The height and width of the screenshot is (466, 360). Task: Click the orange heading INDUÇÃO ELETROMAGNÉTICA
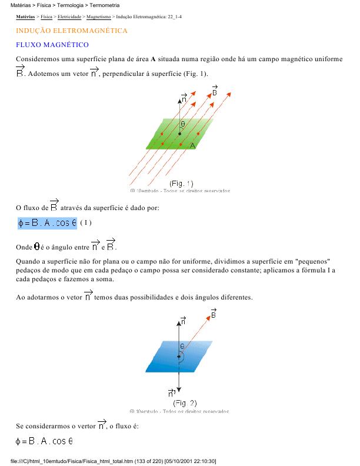[72, 30]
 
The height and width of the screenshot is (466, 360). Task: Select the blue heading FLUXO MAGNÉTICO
[52, 45]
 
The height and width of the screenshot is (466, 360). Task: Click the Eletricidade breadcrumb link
[69, 18]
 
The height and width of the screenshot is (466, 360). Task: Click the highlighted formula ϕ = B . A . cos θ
[47, 223]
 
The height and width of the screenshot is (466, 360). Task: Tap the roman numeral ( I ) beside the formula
[86, 223]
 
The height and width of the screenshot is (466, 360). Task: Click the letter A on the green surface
[192, 145]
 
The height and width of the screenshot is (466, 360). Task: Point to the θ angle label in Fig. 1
[183, 124]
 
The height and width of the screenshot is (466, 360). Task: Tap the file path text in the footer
[112, 461]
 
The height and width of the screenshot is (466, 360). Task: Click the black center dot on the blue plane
[178, 356]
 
